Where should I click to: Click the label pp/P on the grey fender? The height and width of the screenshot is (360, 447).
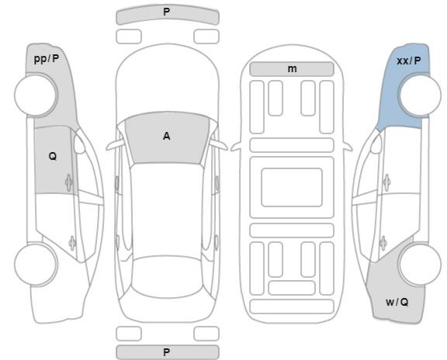point(47,59)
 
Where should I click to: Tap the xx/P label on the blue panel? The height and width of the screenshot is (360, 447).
point(408,61)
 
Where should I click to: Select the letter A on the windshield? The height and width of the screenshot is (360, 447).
point(167,137)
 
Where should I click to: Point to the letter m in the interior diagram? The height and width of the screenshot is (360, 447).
point(292,69)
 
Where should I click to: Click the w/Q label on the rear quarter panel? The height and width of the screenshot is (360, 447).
point(397,302)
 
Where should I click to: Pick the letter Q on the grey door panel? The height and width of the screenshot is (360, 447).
point(53,156)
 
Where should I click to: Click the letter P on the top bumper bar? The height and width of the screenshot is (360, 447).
point(167,12)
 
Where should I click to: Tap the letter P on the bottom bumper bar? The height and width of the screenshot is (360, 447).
point(167,352)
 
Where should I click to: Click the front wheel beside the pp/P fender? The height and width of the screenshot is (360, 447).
point(36,95)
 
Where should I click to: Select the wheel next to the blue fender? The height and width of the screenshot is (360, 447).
point(420,95)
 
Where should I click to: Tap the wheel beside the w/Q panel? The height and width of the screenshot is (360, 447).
point(420,265)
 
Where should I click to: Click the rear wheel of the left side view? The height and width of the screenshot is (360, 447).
point(36,265)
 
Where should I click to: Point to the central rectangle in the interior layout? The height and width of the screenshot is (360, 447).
point(292,188)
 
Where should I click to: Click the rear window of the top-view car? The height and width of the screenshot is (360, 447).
point(168,276)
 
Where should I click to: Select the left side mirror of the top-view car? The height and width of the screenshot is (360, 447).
point(116,145)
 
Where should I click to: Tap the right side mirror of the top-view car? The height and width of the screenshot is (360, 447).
point(219,145)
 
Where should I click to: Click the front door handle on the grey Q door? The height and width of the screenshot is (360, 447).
point(69,182)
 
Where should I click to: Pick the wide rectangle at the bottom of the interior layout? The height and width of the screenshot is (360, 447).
point(292,306)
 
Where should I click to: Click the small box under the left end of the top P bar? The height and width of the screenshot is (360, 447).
point(129,36)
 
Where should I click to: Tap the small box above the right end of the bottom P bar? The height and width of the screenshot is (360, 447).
point(206,334)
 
